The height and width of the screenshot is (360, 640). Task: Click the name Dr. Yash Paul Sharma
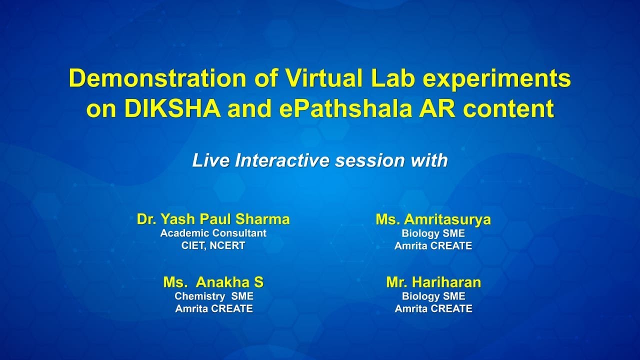point(213,219)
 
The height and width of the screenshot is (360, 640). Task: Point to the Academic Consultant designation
point(213,233)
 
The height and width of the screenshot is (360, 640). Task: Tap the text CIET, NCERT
point(213,245)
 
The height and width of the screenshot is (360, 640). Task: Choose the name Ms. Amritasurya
point(433,219)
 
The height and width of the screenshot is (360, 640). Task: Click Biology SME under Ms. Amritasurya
point(433,233)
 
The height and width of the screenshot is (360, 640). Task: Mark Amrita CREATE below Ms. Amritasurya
point(433,245)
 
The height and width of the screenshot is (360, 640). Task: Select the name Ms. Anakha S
point(213,282)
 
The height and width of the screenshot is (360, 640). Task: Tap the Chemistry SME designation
point(213,296)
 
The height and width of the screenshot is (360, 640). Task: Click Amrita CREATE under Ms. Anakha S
point(213,308)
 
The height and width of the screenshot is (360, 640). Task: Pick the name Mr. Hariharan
point(433,282)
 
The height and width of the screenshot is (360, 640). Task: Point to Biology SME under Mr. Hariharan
point(433,296)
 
